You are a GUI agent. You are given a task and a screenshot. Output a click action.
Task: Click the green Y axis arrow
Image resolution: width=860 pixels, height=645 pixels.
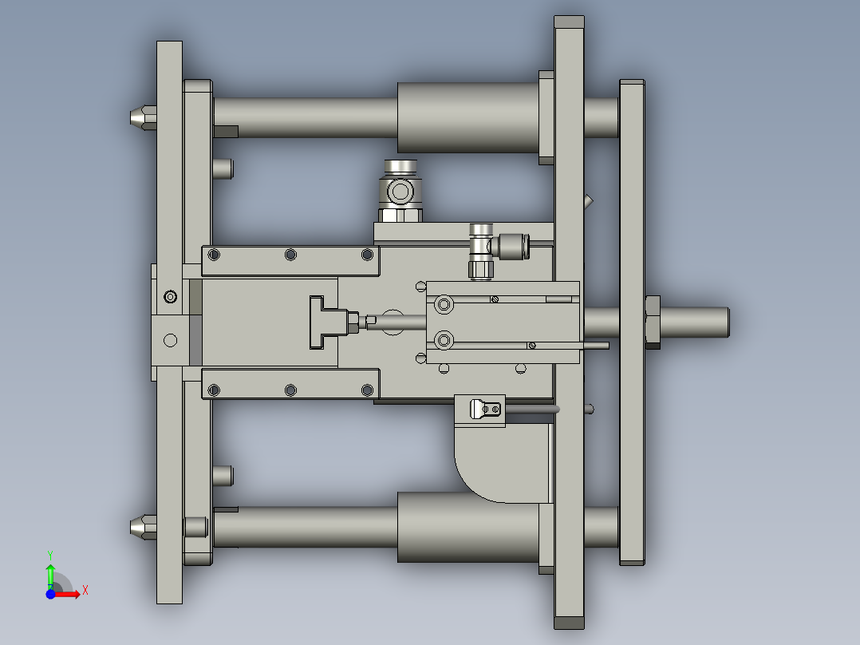tap(50, 571)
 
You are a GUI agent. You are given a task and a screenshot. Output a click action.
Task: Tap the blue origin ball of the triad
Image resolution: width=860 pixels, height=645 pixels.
tap(50, 594)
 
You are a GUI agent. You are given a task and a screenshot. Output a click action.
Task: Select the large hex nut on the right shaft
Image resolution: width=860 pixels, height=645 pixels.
tap(651, 321)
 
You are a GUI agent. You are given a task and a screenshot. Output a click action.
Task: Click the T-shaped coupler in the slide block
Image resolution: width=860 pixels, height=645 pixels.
tap(324, 322)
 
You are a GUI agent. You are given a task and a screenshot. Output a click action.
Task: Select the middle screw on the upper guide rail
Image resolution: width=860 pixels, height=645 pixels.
tap(290, 255)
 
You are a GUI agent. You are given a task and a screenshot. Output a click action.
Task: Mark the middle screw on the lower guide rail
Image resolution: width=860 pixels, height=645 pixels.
tap(290, 390)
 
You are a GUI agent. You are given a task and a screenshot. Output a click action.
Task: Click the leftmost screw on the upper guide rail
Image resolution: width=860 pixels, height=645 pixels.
tap(213, 255)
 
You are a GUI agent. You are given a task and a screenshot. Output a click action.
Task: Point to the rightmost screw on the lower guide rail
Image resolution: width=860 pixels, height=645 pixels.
tap(367, 390)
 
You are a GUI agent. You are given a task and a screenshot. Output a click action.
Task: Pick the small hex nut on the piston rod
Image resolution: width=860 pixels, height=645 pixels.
tap(351, 322)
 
